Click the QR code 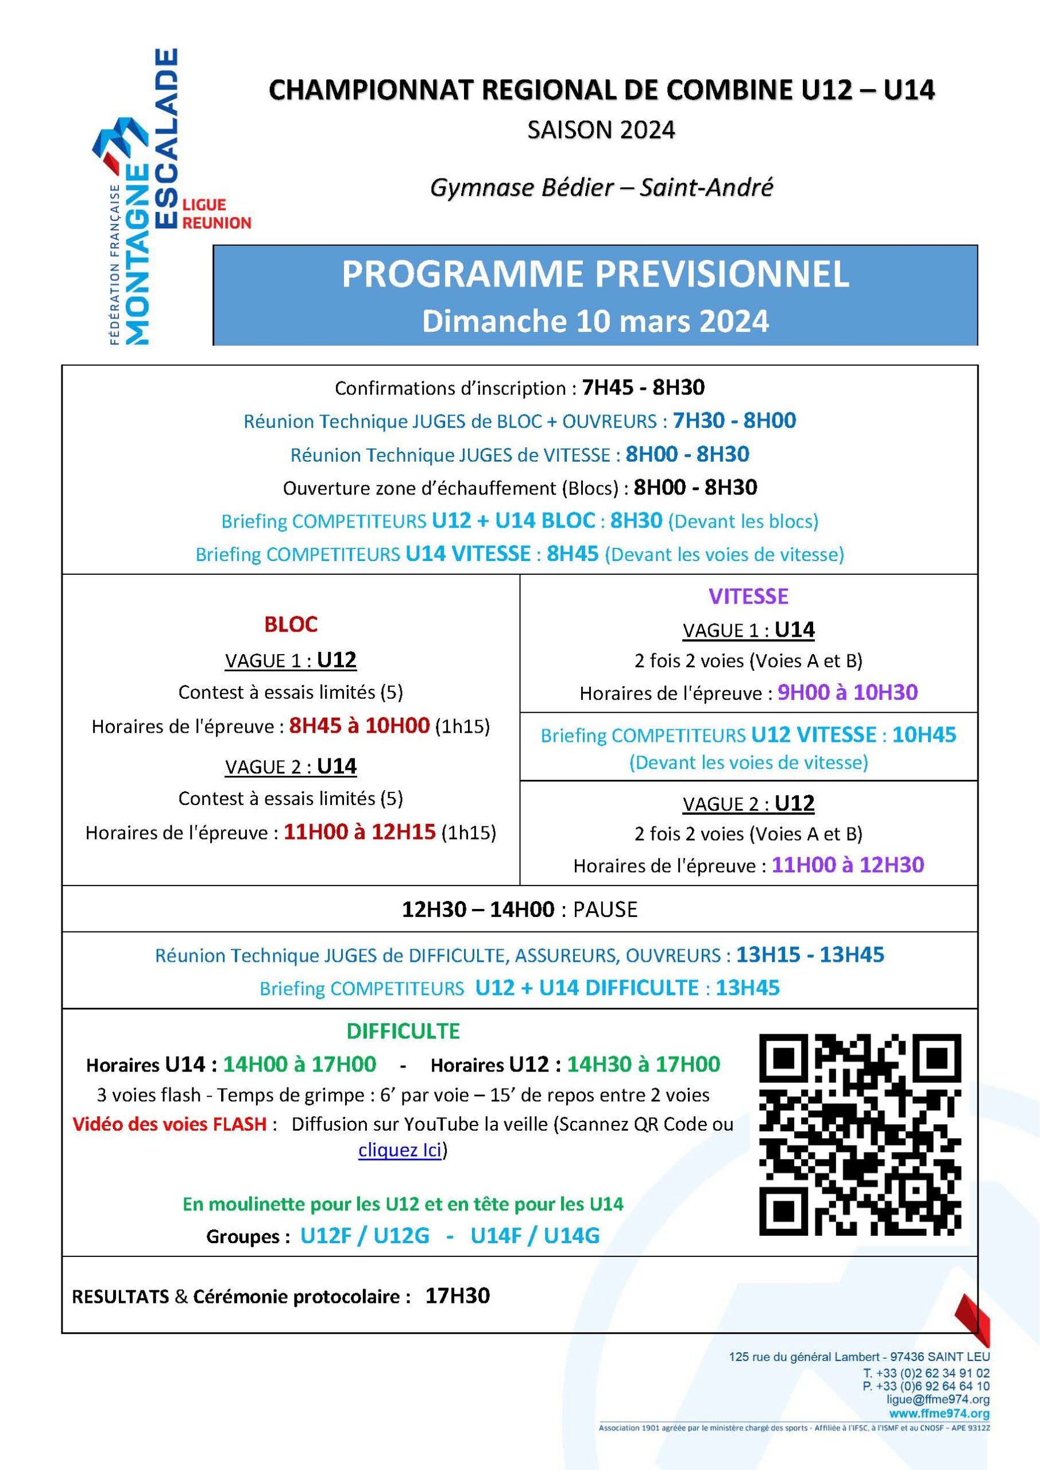[x=860, y=1135]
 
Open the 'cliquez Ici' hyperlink [x=400, y=1151]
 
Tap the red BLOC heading [x=291, y=624]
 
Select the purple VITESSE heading [x=748, y=596]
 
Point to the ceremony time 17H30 [x=457, y=1295]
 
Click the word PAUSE [x=605, y=909]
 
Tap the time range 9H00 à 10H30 [x=847, y=692]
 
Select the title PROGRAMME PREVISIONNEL [x=595, y=274]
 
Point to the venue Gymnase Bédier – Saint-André [x=601, y=188]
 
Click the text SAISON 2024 [x=601, y=130]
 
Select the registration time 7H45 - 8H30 [x=643, y=388]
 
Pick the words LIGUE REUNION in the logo [x=216, y=214]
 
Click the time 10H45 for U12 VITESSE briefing [x=923, y=734]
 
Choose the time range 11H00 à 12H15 [x=359, y=831]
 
